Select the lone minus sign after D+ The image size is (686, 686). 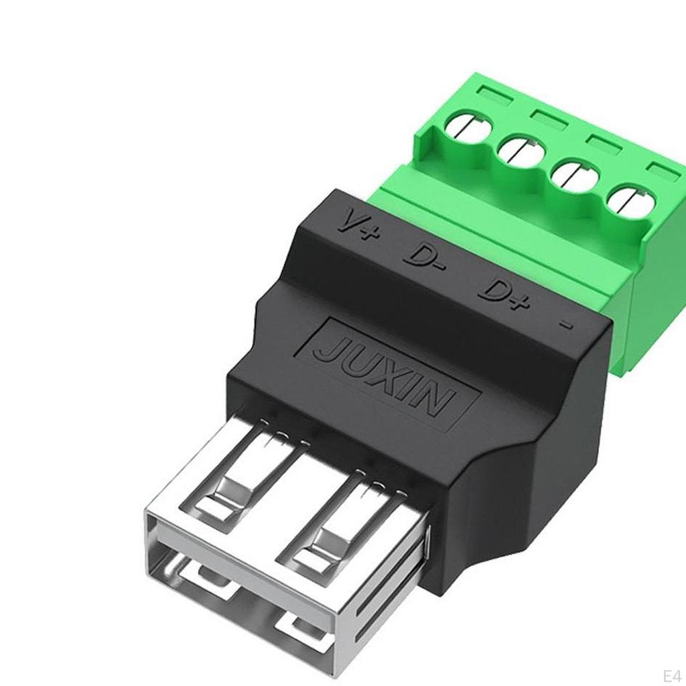tap(567, 326)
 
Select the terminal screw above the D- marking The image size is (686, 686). tap(521, 151)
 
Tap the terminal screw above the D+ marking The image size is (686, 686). tap(574, 176)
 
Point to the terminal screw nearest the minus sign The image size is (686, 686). tap(630, 200)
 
